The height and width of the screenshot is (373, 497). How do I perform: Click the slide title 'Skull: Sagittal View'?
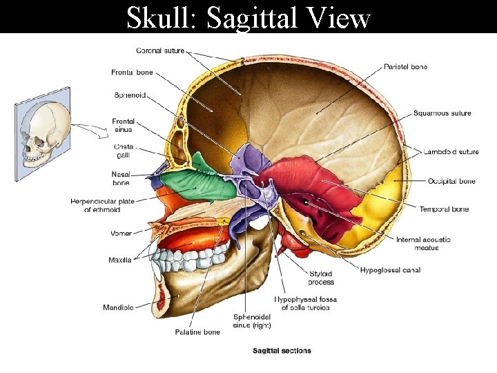click(x=248, y=18)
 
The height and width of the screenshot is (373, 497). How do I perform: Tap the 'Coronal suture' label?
click(x=160, y=50)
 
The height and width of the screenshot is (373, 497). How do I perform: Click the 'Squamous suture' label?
click(x=442, y=113)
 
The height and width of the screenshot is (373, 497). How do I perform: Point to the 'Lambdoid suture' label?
click(x=451, y=151)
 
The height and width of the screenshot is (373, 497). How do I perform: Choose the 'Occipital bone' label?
click(x=451, y=181)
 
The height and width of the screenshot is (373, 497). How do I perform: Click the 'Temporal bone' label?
click(x=444, y=209)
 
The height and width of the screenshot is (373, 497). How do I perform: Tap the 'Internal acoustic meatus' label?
click(x=423, y=243)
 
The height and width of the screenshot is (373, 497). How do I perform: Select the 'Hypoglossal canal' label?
click(x=390, y=270)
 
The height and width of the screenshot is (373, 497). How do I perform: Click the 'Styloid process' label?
click(x=321, y=278)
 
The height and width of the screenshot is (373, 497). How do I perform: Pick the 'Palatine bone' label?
click(x=197, y=332)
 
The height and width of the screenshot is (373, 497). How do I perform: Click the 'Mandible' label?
click(x=118, y=307)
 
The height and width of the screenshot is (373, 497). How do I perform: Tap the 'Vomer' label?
click(x=121, y=233)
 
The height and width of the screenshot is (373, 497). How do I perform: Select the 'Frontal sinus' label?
click(x=123, y=125)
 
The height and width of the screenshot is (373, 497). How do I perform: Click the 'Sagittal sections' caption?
click(x=282, y=351)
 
